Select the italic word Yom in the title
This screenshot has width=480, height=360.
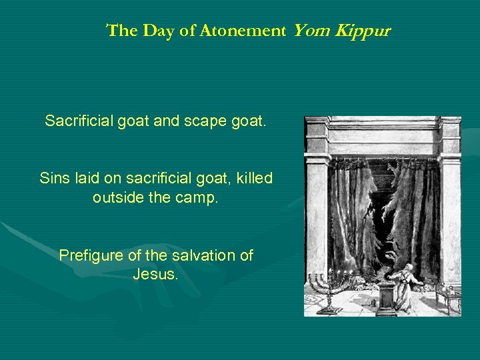309,31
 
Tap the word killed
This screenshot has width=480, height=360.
254,179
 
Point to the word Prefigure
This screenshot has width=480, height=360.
91,255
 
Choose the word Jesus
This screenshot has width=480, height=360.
155,274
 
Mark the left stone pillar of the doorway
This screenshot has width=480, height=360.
316,207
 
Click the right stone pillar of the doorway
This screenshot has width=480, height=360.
451,207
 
